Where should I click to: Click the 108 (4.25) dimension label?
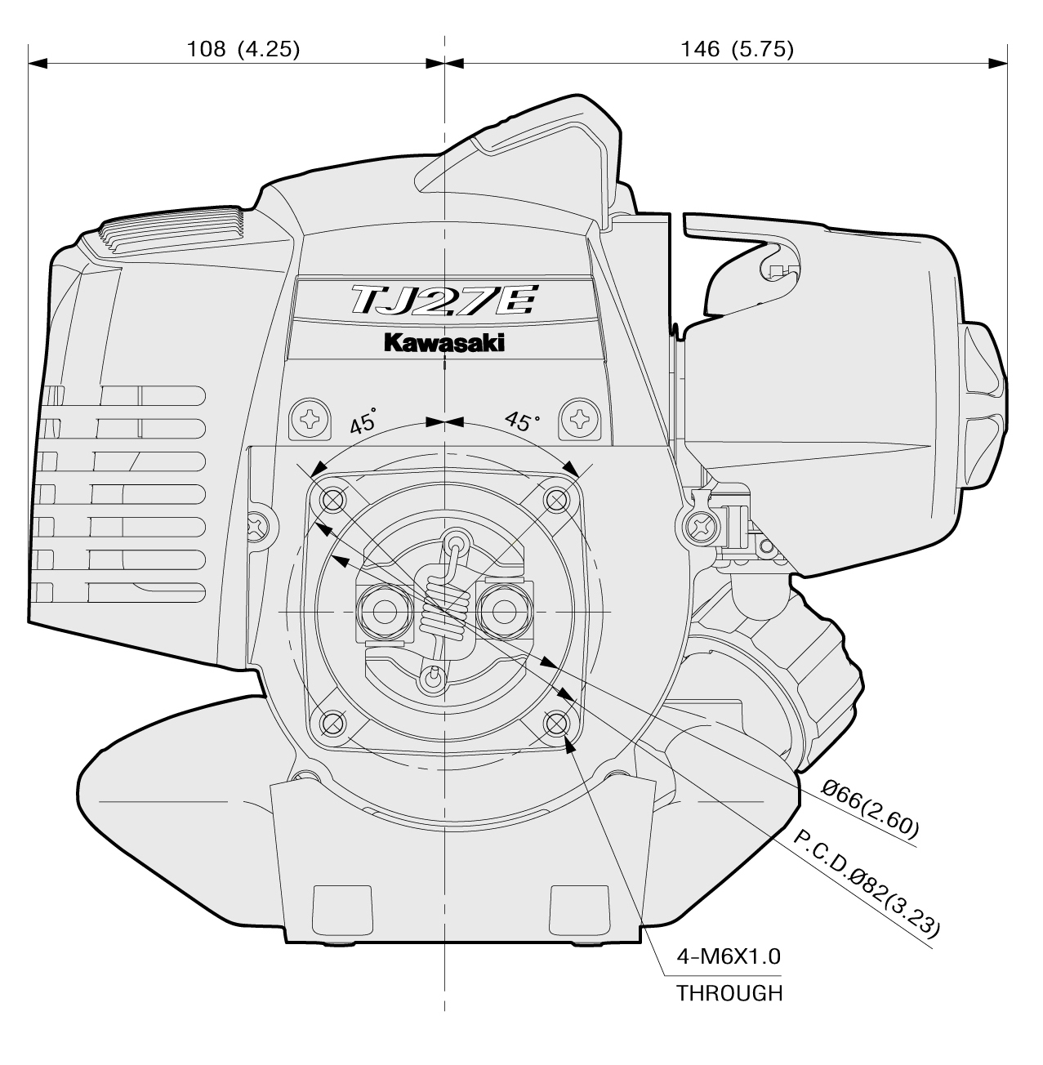coord(243,49)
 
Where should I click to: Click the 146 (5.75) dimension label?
coord(737,49)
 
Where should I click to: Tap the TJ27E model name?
coord(443,301)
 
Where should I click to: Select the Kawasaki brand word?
coord(444,344)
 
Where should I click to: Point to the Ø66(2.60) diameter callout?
coord(870,809)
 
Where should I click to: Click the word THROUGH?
coord(729,993)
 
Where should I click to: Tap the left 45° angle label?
coord(364,422)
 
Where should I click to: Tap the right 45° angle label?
coord(522,421)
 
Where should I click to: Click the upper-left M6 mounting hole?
coord(333,497)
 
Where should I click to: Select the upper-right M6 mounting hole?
coord(556,497)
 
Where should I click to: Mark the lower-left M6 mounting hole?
coord(333,722)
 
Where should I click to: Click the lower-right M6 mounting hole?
coord(556,722)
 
